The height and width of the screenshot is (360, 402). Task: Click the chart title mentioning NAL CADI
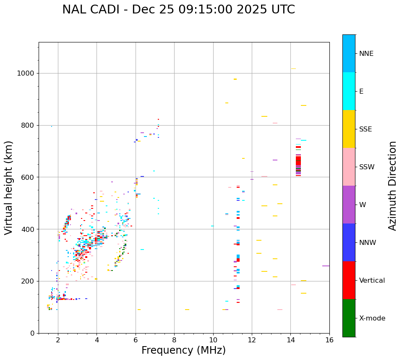(x=178, y=10)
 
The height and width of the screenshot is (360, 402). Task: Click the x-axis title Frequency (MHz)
(x=183, y=350)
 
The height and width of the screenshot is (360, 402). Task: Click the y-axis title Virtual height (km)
(x=9, y=188)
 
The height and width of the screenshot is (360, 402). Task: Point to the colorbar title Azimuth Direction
(x=392, y=186)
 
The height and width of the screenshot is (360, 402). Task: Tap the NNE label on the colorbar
(x=366, y=54)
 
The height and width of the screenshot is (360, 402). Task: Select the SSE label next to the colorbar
(x=365, y=129)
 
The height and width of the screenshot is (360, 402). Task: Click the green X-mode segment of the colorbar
(x=349, y=318)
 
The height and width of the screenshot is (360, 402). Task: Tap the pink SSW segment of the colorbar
(x=349, y=167)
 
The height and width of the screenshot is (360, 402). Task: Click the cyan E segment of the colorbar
(x=349, y=91)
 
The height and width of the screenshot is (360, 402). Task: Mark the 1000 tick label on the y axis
(x=26, y=74)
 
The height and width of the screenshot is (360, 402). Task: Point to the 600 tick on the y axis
(x=29, y=177)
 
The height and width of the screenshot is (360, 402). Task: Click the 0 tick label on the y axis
(x=33, y=333)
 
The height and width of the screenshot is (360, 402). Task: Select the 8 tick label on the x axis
(x=174, y=339)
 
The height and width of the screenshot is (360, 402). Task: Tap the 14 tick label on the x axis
(x=291, y=339)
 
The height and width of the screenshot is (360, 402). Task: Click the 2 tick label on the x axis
(x=58, y=339)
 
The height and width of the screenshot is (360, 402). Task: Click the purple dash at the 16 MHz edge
(x=326, y=266)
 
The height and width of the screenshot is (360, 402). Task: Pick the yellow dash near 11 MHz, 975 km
(x=235, y=79)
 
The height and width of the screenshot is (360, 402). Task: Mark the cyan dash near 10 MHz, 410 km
(x=212, y=226)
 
